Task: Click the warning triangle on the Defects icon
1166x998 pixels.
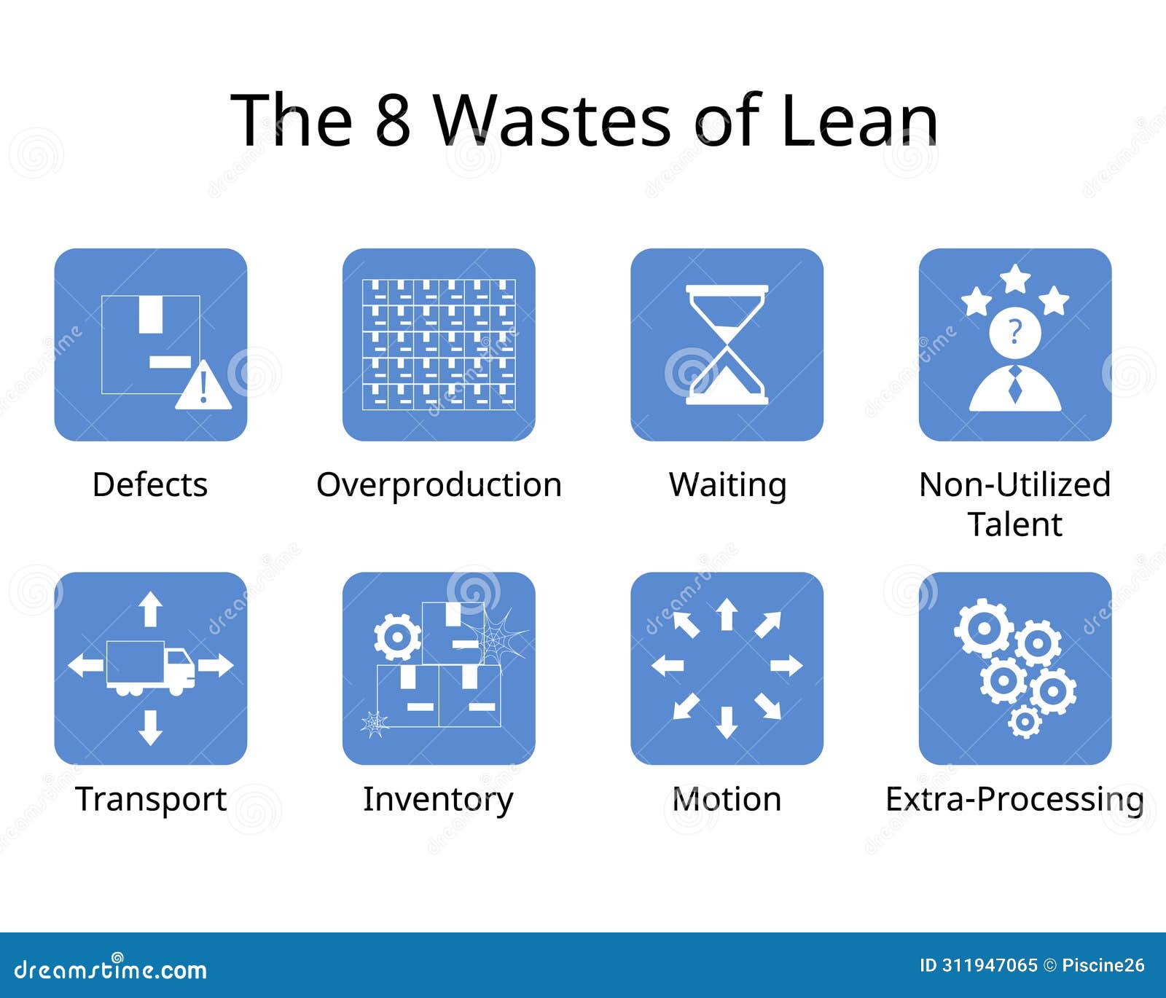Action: click(x=203, y=386)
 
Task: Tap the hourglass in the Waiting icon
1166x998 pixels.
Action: click(x=727, y=345)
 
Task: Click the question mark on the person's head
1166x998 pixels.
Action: click(x=1014, y=332)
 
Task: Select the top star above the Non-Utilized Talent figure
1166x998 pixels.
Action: click(x=1014, y=278)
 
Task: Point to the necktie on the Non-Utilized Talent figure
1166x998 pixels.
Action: click(x=1014, y=385)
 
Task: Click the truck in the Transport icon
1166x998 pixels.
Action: click(x=150, y=667)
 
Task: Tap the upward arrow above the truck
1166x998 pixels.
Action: click(x=150, y=608)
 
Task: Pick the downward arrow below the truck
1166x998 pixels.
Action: click(x=150, y=727)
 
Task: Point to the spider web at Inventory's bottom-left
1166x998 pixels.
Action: click(x=375, y=723)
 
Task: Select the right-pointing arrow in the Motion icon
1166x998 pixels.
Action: click(x=786, y=665)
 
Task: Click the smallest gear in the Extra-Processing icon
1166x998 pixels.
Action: click(x=1024, y=721)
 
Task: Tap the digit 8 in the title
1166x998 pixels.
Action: click(x=393, y=119)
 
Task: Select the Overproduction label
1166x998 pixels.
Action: click(x=439, y=485)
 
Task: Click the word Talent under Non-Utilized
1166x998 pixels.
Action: click(x=1014, y=524)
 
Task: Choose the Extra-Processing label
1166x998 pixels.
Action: click(x=1014, y=800)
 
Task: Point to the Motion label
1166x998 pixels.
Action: click(x=727, y=800)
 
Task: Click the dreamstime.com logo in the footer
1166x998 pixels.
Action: click(x=111, y=969)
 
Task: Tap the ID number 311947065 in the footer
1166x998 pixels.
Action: click(x=989, y=966)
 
